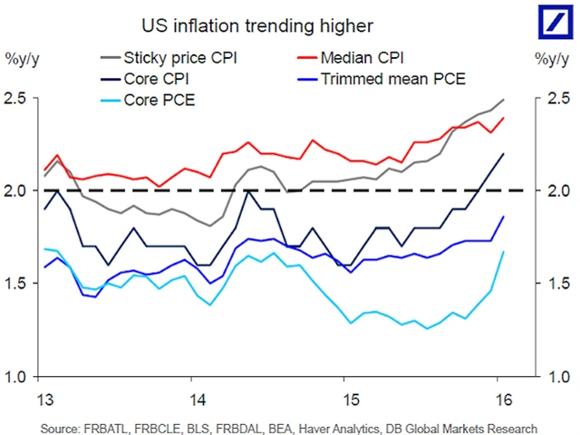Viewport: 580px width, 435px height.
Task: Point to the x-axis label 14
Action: pyautogui.click(x=198, y=400)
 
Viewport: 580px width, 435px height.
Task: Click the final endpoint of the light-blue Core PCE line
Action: pyautogui.click(x=503, y=252)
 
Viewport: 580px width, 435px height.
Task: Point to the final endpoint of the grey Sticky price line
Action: pyautogui.click(x=503, y=100)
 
